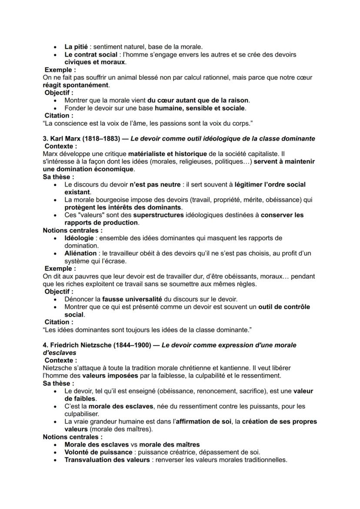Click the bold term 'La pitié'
[x=77, y=47]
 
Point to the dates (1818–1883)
[x=103, y=139]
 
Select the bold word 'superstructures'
[x=158, y=215]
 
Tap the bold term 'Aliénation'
[x=80, y=253]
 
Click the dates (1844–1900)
[x=134, y=345]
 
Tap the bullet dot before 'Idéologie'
[x=55, y=239]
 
